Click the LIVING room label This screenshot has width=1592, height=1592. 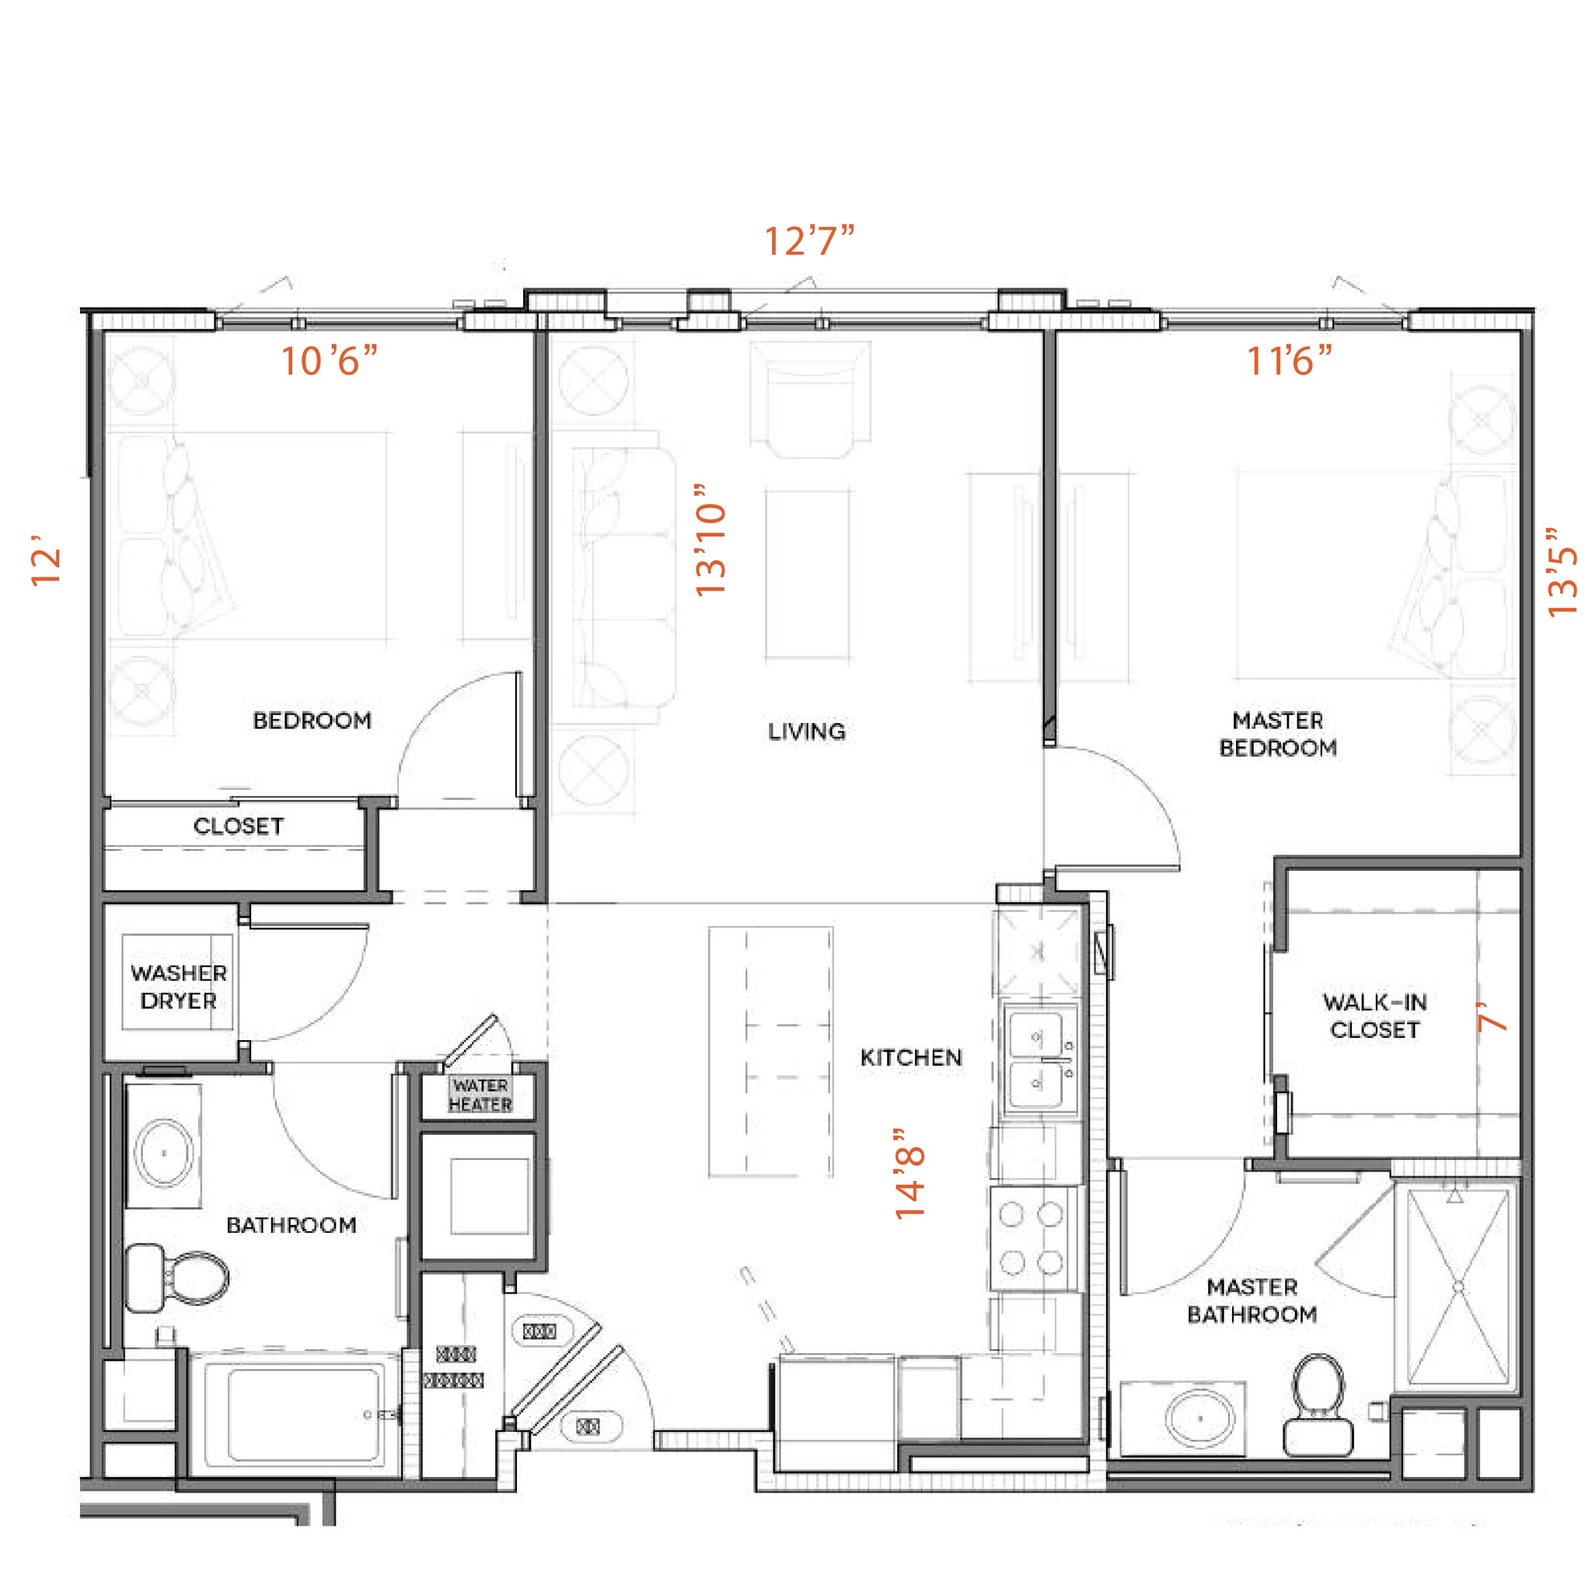click(x=806, y=731)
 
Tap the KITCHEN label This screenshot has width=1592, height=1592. click(x=910, y=1057)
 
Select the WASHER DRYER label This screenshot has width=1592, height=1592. click(x=178, y=986)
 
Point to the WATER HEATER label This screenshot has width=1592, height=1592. click(x=480, y=1095)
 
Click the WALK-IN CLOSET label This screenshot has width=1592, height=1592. click(x=1374, y=1016)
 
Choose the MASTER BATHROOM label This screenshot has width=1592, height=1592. click(x=1252, y=1300)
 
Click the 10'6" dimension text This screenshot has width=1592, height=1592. click(x=329, y=361)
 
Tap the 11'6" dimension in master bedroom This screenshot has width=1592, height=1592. click(x=1288, y=361)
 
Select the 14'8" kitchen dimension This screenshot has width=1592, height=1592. click(x=910, y=1175)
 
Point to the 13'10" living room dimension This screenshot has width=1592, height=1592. click(x=710, y=539)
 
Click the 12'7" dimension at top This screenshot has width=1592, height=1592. click(x=809, y=241)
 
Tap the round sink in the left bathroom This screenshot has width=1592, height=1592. click(x=165, y=1153)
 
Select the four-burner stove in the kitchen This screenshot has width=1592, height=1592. click(x=1031, y=1238)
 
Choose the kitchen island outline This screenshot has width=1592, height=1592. click(x=770, y=1052)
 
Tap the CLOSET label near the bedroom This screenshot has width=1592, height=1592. click(x=238, y=826)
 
